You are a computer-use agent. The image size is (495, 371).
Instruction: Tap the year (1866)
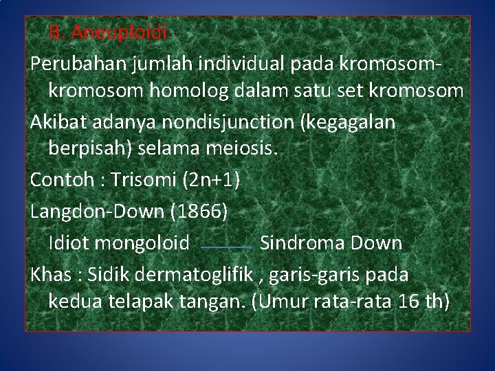(199, 212)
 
